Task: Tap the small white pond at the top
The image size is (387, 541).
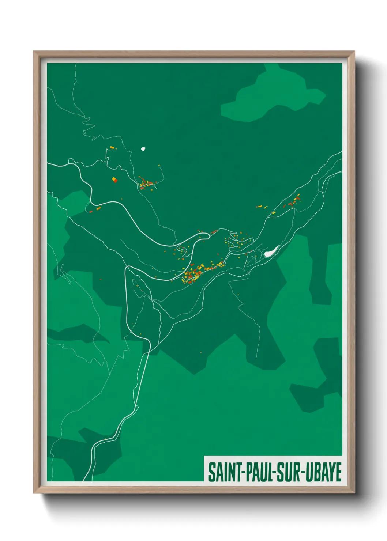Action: pos(144,149)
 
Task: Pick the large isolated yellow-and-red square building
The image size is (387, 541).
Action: pos(114,179)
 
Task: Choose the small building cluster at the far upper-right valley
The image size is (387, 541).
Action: pos(293,202)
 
